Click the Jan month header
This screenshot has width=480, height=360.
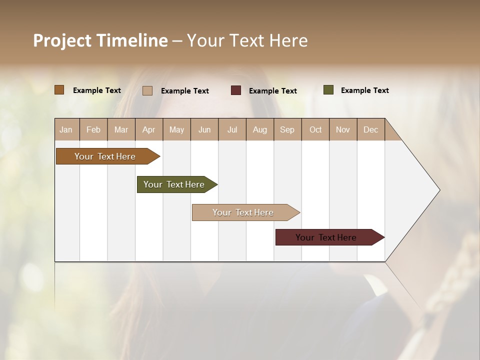pyautogui.click(x=66, y=129)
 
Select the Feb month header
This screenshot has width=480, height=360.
pyautogui.click(x=93, y=129)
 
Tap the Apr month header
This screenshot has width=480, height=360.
pyautogui.click(x=148, y=129)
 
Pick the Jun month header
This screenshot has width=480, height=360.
pyautogui.click(x=204, y=129)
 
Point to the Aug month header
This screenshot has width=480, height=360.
pyautogui.click(x=259, y=129)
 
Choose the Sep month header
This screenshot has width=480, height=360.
pyautogui.click(x=287, y=129)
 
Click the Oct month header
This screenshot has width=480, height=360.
pyautogui.click(x=315, y=129)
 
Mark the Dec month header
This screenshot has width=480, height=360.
pyautogui.click(x=370, y=129)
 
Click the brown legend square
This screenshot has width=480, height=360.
pyautogui.click(x=59, y=90)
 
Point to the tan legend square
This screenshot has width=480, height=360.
pyautogui.click(x=147, y=90)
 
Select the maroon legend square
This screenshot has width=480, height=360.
pyautogui.click(x=236, y=90)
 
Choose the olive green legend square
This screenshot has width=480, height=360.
pyautogui.click(x=328, y=90)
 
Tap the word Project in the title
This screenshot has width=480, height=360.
pyautogui.click(x=62, y=40)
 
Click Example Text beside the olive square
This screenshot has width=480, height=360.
pyautogui.click(x=364, y=90)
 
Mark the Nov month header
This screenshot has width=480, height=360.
pyautogui.click(x=342, y=129)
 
